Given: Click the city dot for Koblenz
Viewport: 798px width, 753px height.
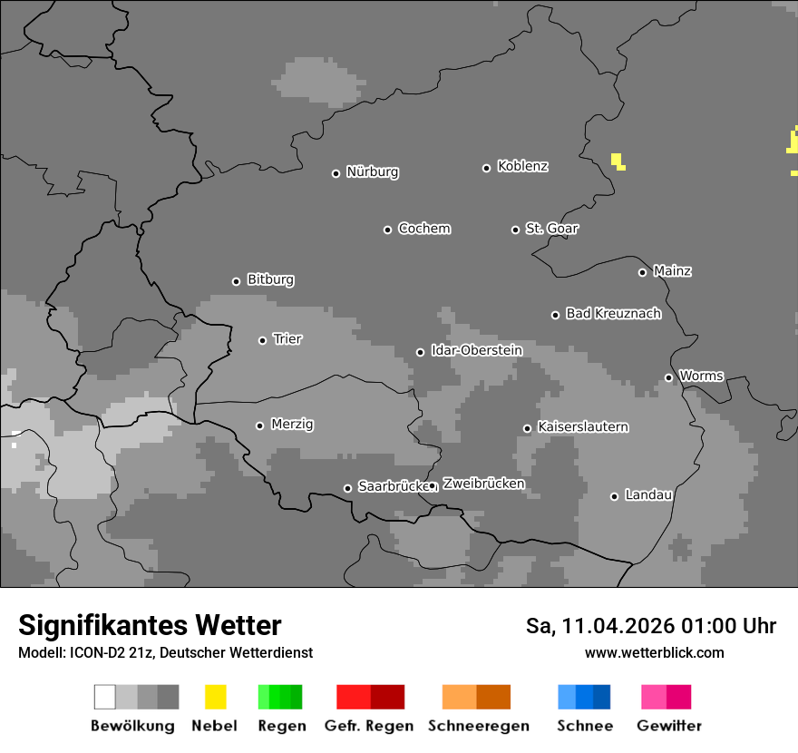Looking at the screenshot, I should pyautogui.click(x=487, y=168).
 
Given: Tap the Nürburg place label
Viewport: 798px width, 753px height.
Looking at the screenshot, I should pyautogui.click(x=372, y=172).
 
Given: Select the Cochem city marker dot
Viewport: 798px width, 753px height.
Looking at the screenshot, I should pyautogui.click(x=387, y=230).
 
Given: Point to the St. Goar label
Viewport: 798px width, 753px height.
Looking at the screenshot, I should pyautogui.click(x=551, y=229).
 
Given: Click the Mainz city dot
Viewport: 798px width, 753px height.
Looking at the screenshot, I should pyautogui.click(x=642, y=272).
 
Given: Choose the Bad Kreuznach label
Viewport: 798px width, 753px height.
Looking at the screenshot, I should pyautogui.click(x=613, y=314).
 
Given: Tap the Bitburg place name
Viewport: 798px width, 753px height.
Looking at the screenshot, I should pyautogui.click(x=270, y=280).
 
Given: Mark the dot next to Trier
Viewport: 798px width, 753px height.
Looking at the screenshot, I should pyautogui.click(x=263, y=340).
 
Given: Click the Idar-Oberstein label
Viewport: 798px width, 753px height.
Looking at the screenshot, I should pyautogui.click(x=476, y=350).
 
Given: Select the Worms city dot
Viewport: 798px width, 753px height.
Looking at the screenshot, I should pyautogui.click(x=668, y=377).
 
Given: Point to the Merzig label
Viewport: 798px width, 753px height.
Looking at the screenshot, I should pyautogui.click(x=292, y=425).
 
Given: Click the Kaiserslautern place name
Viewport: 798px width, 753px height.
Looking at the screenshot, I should pyautogui.click(x=582, y=427).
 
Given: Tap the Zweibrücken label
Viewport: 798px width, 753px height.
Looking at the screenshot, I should pyautogui.click(x=483, y=484).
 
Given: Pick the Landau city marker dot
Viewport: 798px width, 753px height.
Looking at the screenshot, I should pyautogui.click(x=614, y=496).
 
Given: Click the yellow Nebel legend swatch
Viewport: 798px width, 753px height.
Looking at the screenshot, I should pyautogui.click(x=215, y=697).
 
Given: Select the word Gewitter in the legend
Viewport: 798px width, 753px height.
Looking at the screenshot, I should pyautogui.click(x=669, y=726).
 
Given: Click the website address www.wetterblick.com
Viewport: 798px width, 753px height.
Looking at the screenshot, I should pyautogui.click(x=654, y=652).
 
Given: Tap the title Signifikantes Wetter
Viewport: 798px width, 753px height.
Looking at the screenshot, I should pyautogui.click(x=150, y=625).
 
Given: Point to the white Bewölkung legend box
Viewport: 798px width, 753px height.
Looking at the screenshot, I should pyautogui.click(x=104, y=697).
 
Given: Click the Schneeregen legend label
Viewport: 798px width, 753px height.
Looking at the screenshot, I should pyautogui.click(x=479, y=726).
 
